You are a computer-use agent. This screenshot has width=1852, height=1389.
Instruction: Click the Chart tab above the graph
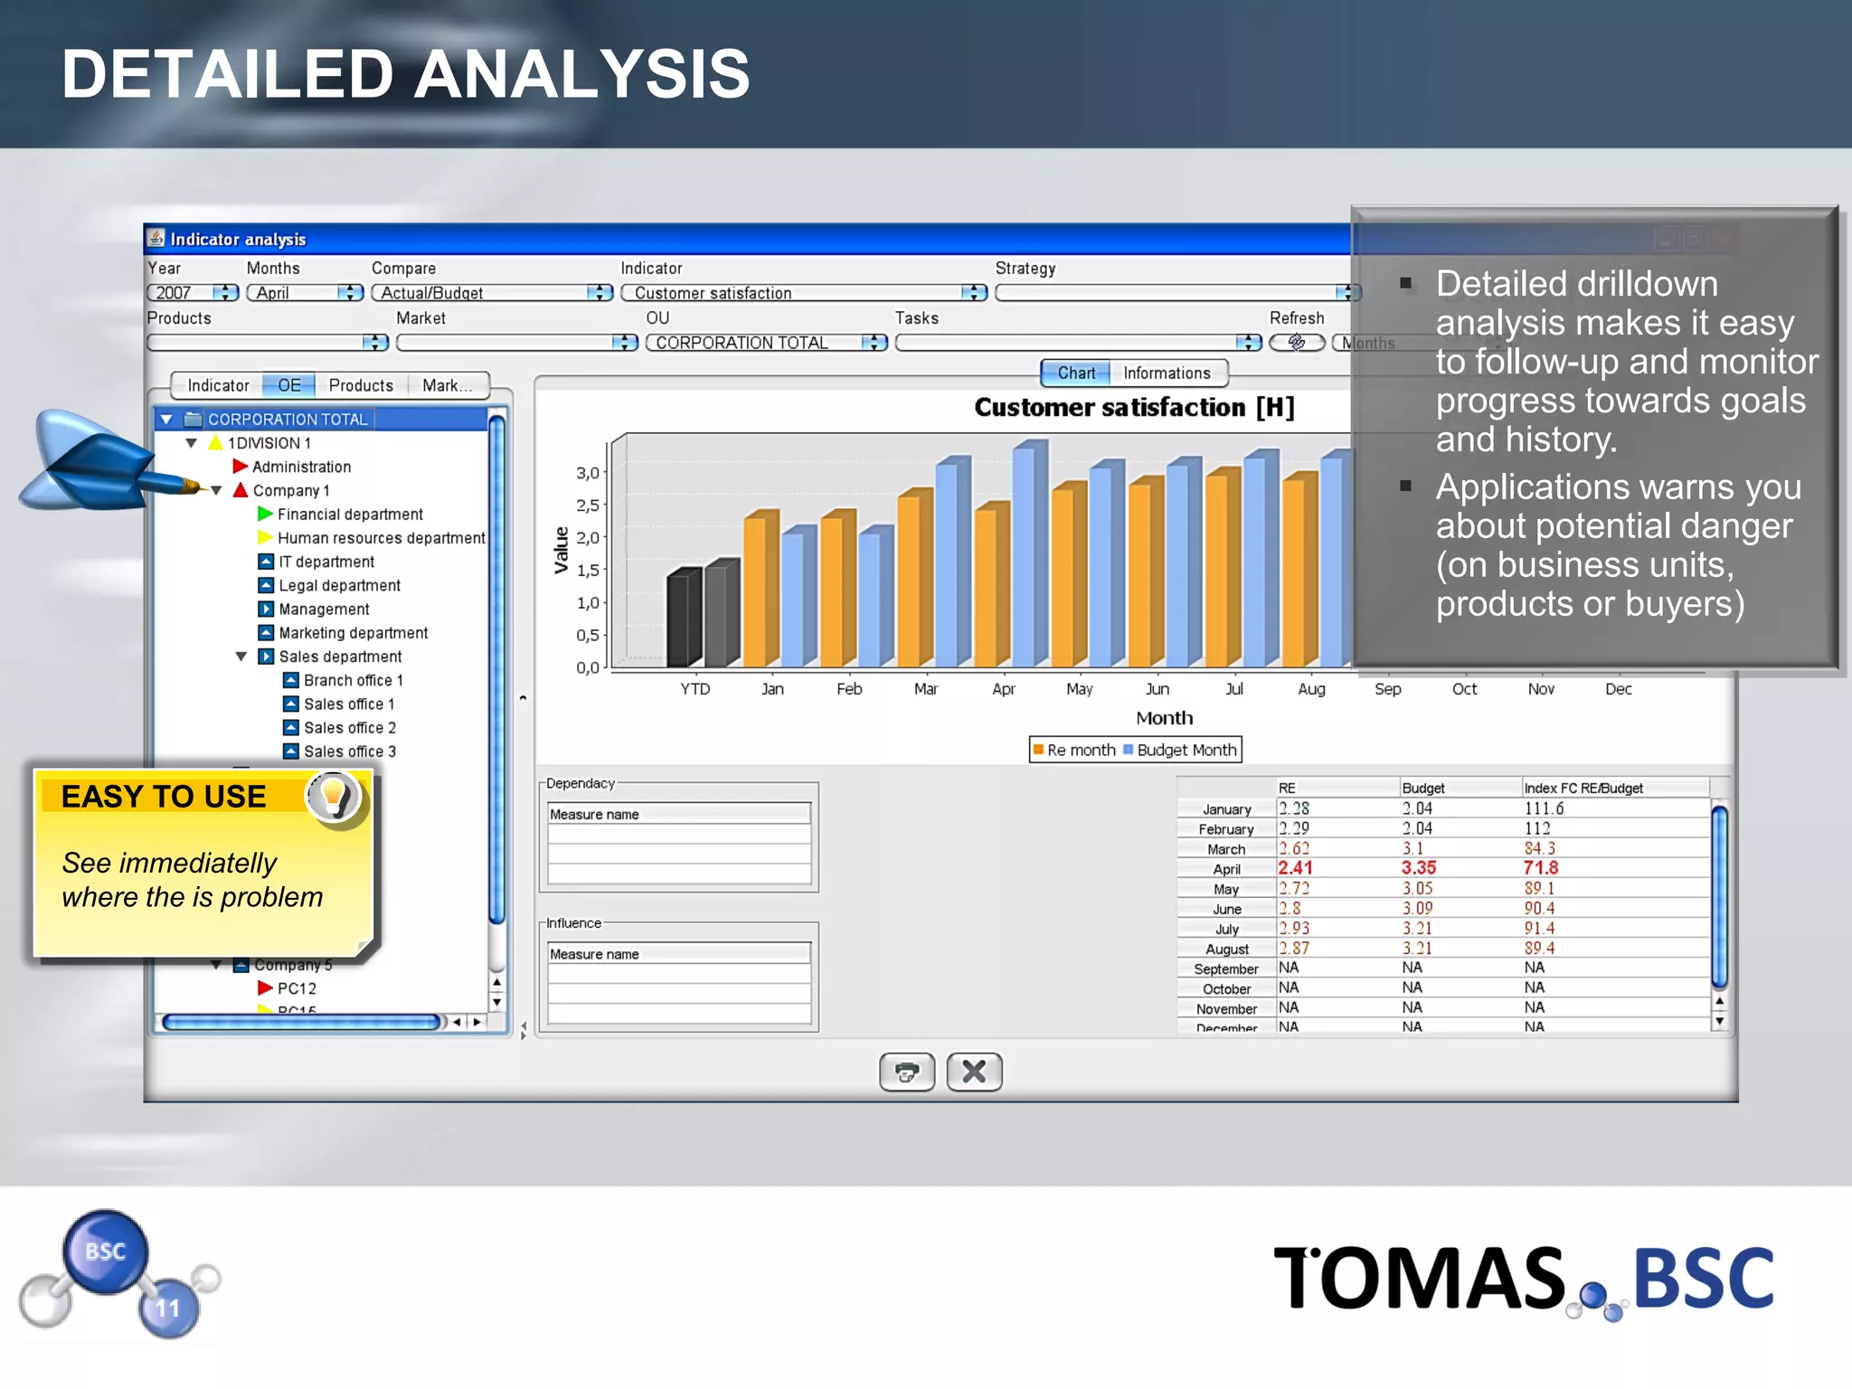(1075, 373)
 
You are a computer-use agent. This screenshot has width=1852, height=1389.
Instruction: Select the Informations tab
(1166, 373)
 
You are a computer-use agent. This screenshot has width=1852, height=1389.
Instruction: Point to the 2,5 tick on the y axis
(589, 505)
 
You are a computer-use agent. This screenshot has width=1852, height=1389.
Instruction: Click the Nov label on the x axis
(1541, 689)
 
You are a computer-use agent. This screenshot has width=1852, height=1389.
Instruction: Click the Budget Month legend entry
(1186, 750)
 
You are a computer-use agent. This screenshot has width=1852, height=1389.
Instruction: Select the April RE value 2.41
(1295, 868)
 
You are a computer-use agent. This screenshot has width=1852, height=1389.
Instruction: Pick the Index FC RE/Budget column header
(1583, 789)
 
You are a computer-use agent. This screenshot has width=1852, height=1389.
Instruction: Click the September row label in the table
(1225, 969)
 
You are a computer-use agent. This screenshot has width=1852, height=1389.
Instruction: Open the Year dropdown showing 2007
(193, 293)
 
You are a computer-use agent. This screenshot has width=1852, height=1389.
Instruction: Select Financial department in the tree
(350, 515)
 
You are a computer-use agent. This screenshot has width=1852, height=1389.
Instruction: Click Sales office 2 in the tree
(349, 728)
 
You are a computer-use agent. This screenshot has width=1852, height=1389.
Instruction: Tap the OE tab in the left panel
(289, 386)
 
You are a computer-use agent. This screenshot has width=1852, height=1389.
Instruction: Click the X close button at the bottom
(974, 1072)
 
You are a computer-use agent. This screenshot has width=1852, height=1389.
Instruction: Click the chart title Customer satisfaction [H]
(1134, 408)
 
